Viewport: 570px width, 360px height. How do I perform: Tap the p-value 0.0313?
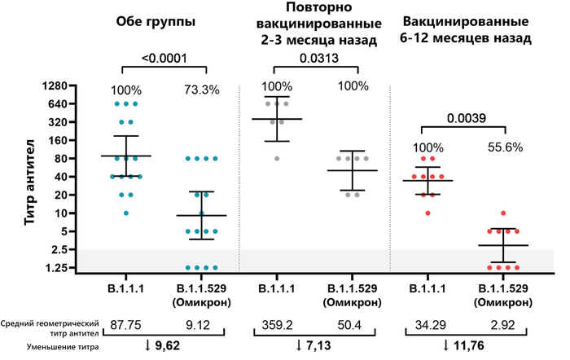coord(318,58)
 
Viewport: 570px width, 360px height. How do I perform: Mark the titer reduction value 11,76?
coord(467,347)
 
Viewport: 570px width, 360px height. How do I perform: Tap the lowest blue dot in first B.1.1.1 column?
coord(127,213)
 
